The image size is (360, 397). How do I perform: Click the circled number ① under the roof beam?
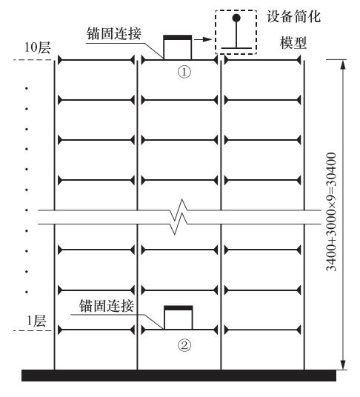(x=184, y=72)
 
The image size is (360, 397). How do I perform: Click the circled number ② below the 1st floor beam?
(x=184, y=345)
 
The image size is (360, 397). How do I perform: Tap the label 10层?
(x=37, y=47)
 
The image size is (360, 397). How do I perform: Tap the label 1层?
(x=36, y=321)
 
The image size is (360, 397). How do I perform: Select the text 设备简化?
(x=293, y=17)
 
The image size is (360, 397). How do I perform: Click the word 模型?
(x=293, y=43)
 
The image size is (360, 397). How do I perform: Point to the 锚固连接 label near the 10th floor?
(x=113, y=33)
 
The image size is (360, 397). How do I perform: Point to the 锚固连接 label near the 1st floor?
(x=107, y=306)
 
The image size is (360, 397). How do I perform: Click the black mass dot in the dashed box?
(x=236, y=18)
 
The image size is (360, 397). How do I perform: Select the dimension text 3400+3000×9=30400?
(x=331, y=212)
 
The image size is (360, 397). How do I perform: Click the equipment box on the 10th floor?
(x=178, y=47)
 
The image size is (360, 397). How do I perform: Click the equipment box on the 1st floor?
(x=179, y=318)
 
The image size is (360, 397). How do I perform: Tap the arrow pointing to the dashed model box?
(x=203, y=39)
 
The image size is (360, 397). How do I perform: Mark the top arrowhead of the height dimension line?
(x=343, y=64)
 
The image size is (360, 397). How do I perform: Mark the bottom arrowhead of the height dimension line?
(x=343, y=364)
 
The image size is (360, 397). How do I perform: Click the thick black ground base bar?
(x=179, y=376)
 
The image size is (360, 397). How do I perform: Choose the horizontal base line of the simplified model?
(x=236, y=48)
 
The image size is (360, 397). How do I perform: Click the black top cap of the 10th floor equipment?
(x=178, y=38)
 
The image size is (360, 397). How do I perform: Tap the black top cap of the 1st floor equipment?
(x=179, y=308)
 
